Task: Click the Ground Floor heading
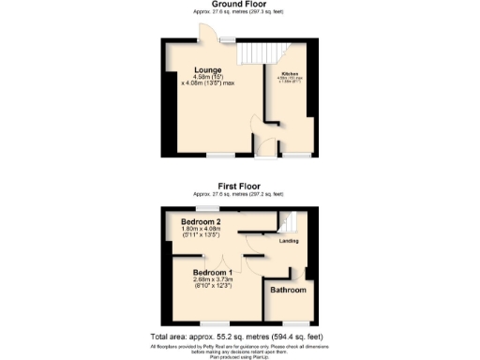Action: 239,5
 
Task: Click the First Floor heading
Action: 239,187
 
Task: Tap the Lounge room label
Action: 207,70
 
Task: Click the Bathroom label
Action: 289,291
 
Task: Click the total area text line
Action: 239,336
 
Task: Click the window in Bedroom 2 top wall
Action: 207,207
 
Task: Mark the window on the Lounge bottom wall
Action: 221,153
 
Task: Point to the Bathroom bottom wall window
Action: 293,322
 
